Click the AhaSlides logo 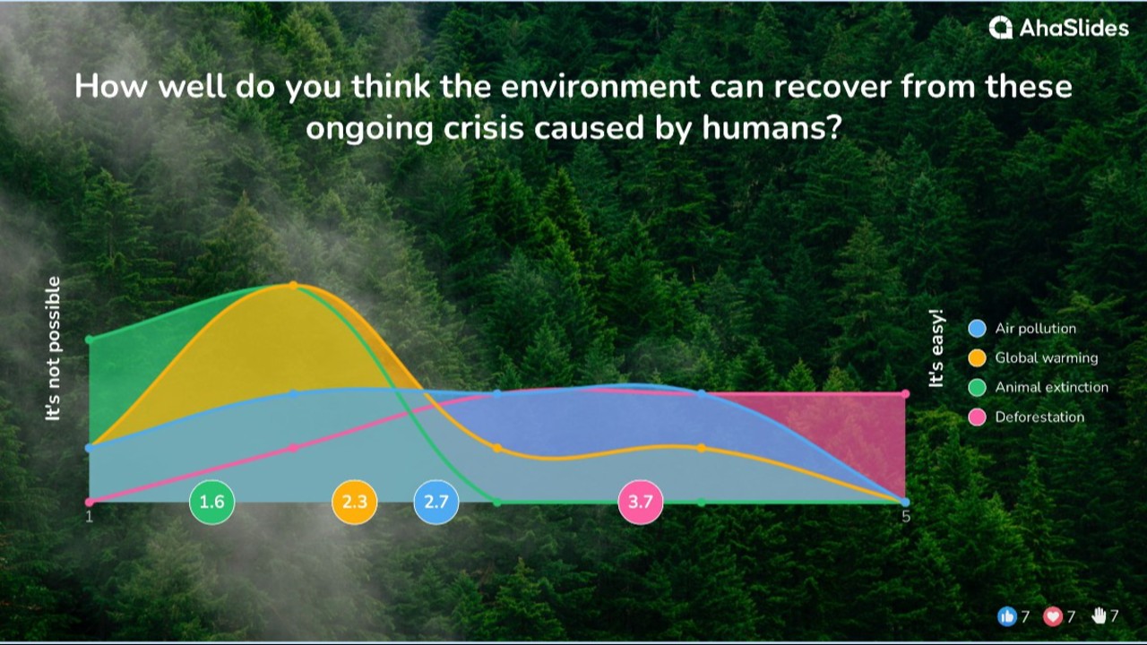1058,28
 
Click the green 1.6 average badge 211,502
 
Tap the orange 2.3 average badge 355,502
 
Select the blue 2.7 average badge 436,502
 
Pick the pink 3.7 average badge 641,502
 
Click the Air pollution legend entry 1035,329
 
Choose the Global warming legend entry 1046,358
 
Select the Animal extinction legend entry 1051,388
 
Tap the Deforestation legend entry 1039,417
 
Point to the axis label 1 89,516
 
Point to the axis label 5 906,517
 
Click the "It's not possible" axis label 54,348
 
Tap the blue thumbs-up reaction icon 1006,616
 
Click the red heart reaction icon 1053,616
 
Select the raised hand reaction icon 1099,616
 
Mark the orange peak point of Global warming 293,286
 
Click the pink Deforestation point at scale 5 906,394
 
